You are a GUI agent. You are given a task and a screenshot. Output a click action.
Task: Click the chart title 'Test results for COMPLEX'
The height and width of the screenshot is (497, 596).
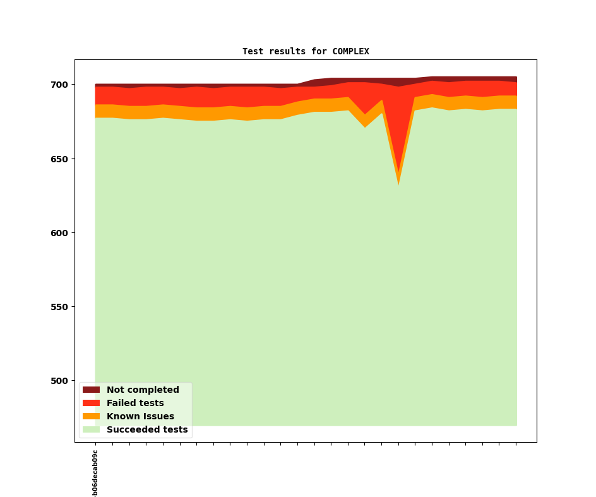click(x=306, y=52)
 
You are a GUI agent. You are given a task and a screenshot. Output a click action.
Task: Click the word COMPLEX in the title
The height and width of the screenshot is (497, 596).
click(x=350, y=52)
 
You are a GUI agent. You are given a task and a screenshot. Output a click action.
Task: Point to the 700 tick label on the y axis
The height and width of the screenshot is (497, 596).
click(x=59, y=85)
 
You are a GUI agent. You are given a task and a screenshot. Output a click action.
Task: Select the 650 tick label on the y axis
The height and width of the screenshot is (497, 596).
click(x=59, y=159)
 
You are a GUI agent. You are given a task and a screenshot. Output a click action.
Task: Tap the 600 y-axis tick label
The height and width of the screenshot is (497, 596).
click(x=59, y=233)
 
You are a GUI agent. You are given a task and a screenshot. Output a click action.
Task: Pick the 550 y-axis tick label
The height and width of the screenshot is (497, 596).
click(x=59, y=307)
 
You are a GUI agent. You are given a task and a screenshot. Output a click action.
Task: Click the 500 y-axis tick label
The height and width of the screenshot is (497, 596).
click(x=59, y=381)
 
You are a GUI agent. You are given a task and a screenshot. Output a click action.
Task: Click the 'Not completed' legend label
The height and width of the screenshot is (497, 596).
click(x=143, y=390)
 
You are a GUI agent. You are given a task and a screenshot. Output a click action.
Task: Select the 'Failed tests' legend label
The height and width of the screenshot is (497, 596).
click(x=135, y=404)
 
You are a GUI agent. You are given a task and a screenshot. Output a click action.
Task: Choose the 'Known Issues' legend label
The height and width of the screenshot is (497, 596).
click(x=140, y=417)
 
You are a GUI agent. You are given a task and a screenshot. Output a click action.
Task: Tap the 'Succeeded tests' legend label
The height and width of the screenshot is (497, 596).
click(x=147, y=430)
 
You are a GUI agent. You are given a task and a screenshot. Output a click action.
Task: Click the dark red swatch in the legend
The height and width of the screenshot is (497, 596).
click(x=92, y=390)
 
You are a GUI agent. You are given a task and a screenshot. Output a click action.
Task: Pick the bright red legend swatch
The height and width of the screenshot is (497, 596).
click(x=92, y=404)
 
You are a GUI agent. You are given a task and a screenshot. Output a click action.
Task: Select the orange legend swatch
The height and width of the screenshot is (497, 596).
click(x=92, y=417)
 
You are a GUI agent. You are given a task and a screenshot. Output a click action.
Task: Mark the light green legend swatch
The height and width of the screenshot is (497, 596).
click(x=92, y=430)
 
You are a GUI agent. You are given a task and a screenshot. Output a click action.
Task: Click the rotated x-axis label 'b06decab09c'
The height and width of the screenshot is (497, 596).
click(x=95, y=473)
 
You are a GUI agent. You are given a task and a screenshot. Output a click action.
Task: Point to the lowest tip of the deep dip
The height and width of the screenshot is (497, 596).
click(x=398, y=184)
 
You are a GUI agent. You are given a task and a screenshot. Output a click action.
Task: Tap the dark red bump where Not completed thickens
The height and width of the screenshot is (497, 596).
click(x=323, y=82)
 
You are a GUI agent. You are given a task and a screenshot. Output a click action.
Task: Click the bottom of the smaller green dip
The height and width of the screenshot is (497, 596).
click(x=365, y=127)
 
